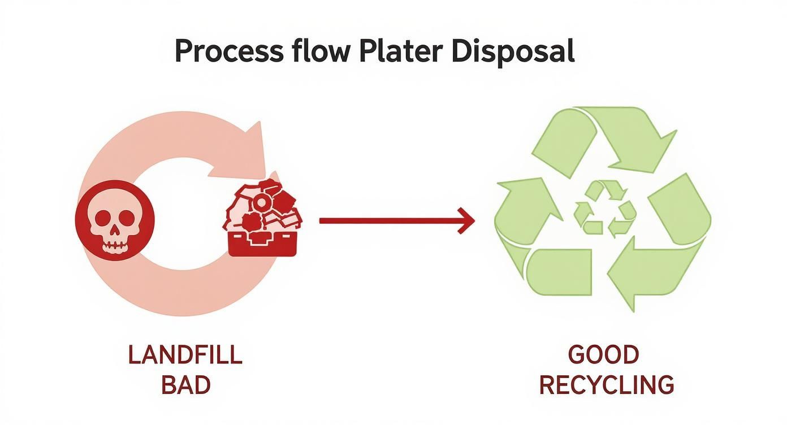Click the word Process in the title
(228, 51)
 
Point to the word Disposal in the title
(513, 51)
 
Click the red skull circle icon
(114, 220)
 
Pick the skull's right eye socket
(127, 217)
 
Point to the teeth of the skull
(115, 244)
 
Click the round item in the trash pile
(261, 202)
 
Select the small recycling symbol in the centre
(604, 209)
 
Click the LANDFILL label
(185, 355)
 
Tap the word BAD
(185, 385)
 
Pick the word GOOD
(604, 355)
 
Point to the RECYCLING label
(606, 385)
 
